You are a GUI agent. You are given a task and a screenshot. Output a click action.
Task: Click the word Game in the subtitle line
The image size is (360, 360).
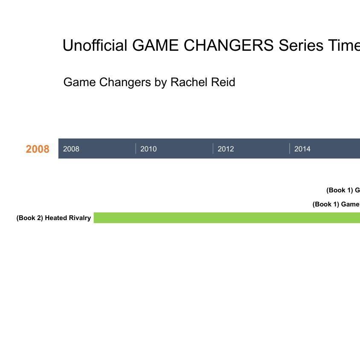click(79, 82)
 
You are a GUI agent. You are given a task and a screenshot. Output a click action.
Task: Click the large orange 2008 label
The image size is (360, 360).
click(38, 149)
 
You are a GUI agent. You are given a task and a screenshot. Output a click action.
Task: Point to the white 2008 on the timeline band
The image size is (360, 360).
click(71, 149)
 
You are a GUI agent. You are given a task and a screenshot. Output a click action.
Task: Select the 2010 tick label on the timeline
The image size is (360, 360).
click(148, 149)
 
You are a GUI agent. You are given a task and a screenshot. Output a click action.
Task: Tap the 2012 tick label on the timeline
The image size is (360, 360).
click(226, 149)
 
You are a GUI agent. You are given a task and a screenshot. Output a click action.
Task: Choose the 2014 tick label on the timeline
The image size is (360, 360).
click(302, 149)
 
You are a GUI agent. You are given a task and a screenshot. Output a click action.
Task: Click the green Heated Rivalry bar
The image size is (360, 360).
click(226, 218)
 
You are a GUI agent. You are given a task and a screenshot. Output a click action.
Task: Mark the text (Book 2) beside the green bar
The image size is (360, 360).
click(29, 218)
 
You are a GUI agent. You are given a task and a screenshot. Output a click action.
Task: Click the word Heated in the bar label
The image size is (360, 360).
click(56, 218)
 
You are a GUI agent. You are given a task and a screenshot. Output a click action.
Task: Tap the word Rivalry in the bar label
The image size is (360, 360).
click(80, 218)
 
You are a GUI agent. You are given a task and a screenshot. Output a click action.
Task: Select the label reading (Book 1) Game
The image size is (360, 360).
click(336, 204)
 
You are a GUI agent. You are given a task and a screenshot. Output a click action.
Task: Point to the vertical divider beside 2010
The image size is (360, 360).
click(136, 148)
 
